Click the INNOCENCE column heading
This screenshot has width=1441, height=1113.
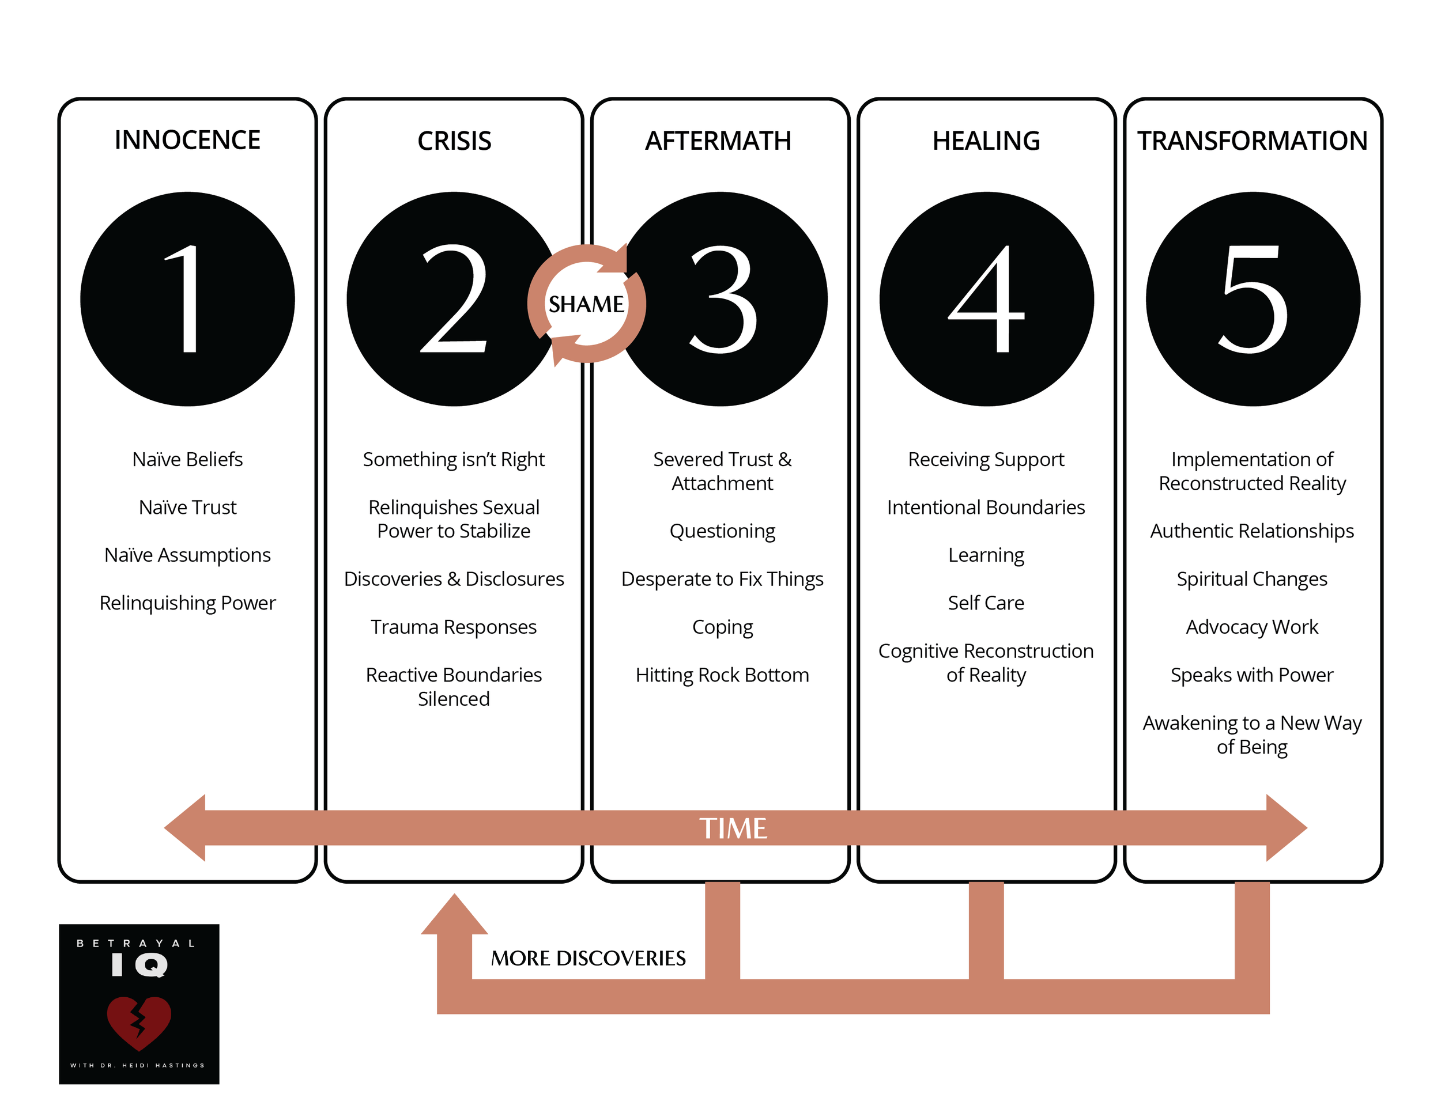[187, 141]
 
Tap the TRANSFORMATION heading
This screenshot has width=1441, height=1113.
[1251, 141]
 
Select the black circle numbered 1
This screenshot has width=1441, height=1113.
[187, 298]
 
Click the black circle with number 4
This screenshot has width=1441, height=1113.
[986, 298]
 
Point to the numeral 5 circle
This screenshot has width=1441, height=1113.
[1253, 298]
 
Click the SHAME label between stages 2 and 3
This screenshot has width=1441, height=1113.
[586, 304]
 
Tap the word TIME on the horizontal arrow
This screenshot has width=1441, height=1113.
[733, 828]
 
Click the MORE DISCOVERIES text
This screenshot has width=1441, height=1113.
[588, 958]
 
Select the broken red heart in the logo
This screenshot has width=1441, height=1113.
[138, 1022]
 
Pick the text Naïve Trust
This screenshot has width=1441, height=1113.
[187, 507]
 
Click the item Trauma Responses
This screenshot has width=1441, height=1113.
[454, 627]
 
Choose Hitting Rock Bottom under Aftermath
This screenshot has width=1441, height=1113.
[722, 675]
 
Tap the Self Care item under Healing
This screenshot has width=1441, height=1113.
[986, 603]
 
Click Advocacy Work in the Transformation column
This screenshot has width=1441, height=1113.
[1251, 627]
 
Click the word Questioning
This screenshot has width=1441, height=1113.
[722, 531]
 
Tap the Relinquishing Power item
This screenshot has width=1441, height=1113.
[187, 603]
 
